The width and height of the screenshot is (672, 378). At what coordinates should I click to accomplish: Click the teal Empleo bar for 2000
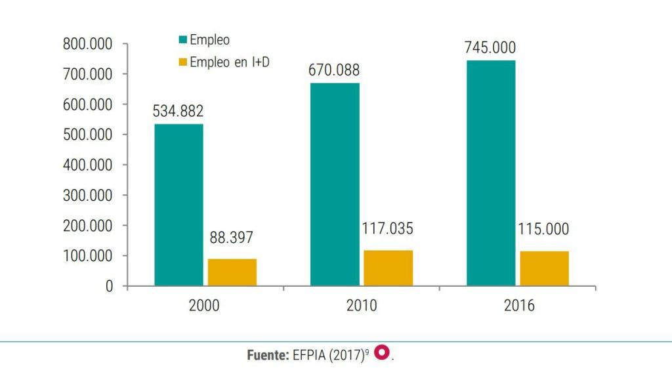(178, 205)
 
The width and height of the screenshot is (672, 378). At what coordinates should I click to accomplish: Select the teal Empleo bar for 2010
(335, 184)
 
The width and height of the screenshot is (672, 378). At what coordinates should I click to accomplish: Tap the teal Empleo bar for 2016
(491, 173)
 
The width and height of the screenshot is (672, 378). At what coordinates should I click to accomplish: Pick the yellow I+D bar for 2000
(232, 272)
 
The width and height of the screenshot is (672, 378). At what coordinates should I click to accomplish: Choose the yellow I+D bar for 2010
(388, 268)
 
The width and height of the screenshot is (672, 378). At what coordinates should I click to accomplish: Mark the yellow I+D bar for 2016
(545, 268)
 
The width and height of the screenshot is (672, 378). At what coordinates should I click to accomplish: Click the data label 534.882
(178, 112)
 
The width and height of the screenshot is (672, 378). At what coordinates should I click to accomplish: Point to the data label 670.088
(334, 70)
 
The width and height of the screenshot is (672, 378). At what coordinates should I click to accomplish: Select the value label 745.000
(490, 48)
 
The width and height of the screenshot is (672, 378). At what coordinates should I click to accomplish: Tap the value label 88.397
(231, 238)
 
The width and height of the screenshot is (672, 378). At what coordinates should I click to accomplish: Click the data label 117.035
(387, 229)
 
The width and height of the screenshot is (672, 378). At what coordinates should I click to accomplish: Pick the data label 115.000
(543, 230)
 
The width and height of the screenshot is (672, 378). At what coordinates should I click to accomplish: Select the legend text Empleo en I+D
(230, 62)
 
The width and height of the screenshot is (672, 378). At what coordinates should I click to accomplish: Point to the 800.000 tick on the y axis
(87, 44)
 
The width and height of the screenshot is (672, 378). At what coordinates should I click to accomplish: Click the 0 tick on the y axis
(108, 286)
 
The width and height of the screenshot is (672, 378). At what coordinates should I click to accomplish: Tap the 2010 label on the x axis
(361, 306)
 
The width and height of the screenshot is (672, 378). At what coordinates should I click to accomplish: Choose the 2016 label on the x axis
(518, 306)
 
